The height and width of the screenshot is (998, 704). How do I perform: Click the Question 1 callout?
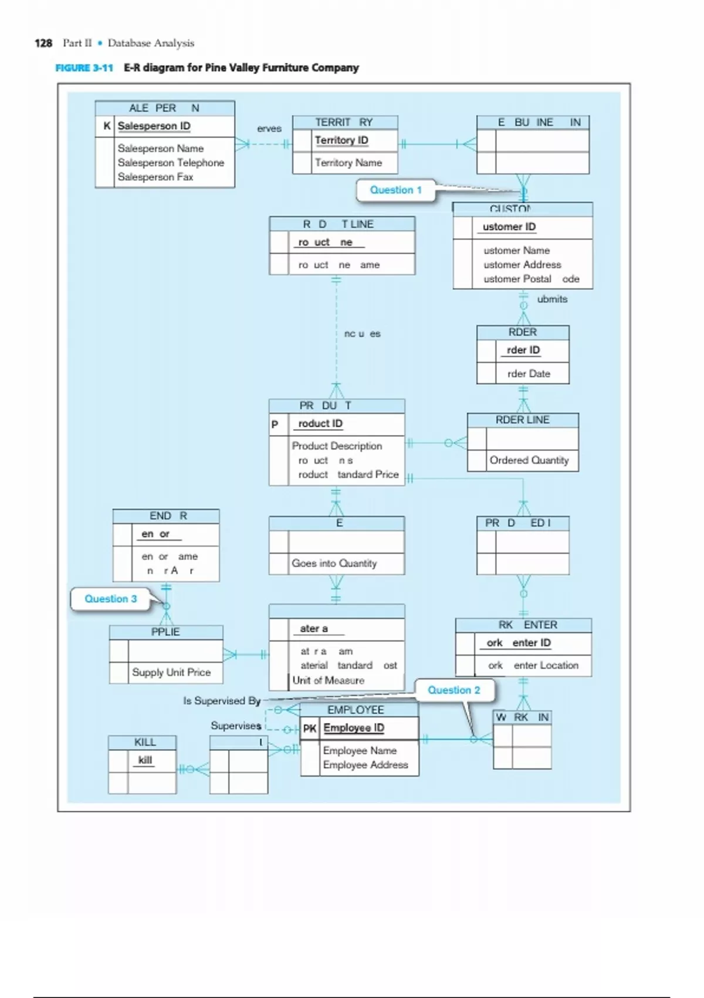click(395, 190)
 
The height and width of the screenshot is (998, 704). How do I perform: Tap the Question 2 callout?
click(453, 690)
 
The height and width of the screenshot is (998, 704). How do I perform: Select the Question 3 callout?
click(110, 599)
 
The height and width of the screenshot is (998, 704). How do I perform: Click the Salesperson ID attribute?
click(154, 126)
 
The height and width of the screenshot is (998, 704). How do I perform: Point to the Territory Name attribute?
click(348, 163)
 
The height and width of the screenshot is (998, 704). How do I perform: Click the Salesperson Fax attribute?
click(155, 177)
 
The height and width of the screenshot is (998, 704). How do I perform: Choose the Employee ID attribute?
click(354, 728)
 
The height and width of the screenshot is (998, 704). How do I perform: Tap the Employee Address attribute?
click(365, 765)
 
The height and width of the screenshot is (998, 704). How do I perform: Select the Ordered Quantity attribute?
click(529, 460)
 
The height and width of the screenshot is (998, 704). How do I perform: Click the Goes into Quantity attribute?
click(334, 563)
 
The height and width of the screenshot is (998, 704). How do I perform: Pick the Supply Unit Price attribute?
click(171, 672)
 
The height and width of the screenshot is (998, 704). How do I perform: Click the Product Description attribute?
click(337, 446)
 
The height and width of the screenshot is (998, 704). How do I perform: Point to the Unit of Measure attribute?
click(328, 680)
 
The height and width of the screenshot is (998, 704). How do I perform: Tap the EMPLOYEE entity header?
click(356, 710)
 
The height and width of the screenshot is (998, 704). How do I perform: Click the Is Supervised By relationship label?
click(222, 701)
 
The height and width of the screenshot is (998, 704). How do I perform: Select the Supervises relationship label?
click(236, 726)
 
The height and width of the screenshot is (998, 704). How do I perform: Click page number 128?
click(43, 43)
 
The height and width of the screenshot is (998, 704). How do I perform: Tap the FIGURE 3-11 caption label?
click(84, 68)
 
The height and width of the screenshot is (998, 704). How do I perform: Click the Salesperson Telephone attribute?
click(171, 163)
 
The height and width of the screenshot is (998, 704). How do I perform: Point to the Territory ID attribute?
click(341, 140)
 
